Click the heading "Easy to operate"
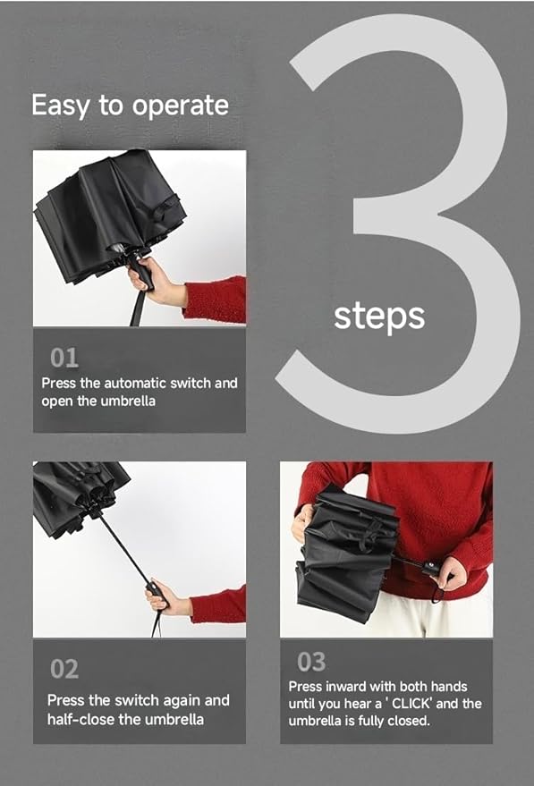(130, 105)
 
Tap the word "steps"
(379, 316)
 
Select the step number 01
(64, 359)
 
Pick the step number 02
(64, 669)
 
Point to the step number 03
(311, 663)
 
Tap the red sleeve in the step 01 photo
(216, 299)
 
